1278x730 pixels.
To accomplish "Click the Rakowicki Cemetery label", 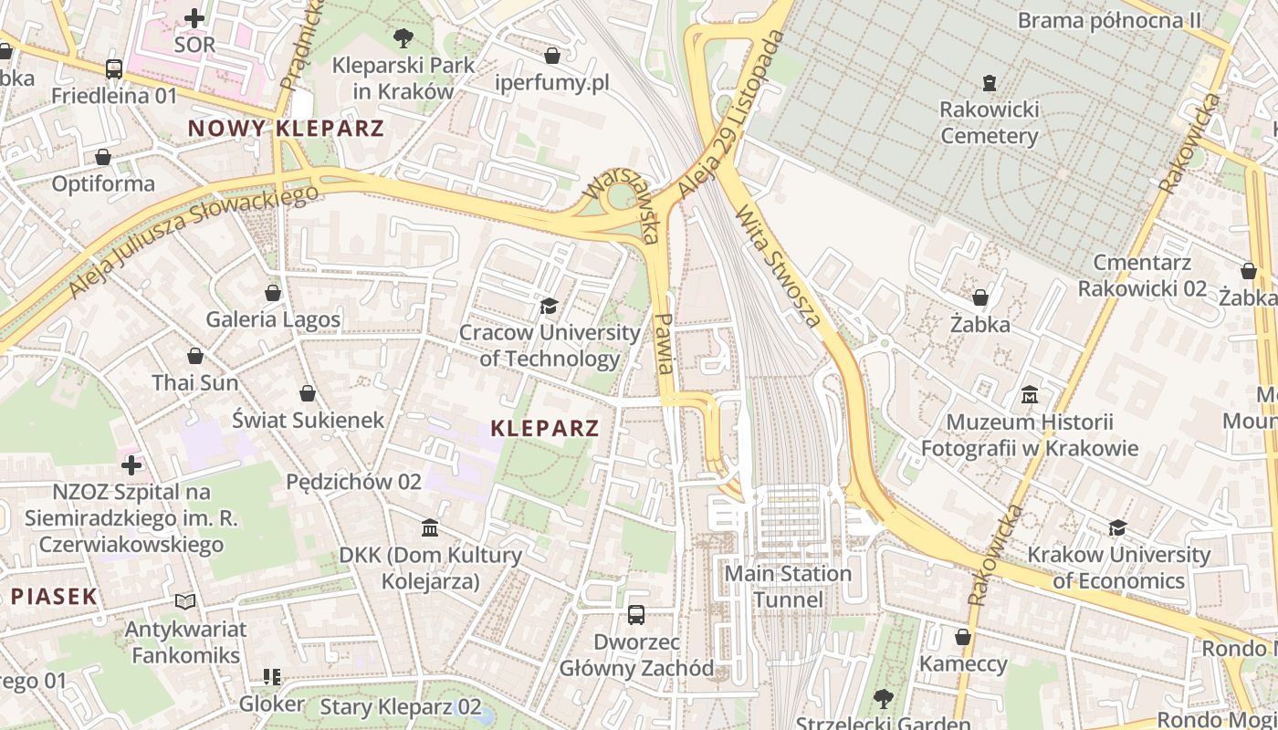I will pyautogui.click(x=989, y=123).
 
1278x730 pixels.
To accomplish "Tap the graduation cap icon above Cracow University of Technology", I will pyautogui.click(x=549, y=305).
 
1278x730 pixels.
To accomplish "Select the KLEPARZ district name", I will pyautogui.click(x=544, y=428).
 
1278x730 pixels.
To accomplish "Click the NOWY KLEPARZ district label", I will pyautogui.click(x=286, y=129).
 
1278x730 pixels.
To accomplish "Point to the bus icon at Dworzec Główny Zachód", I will pyautogui.click(x=636, y=615).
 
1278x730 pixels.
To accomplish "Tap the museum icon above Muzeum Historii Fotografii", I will pyautogui.click(x=1030, y=395).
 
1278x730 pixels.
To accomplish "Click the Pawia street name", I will pyautogui.click(x=665, y=343).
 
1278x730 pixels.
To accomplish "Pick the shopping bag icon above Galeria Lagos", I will pyautogui.click(x=272, y=293).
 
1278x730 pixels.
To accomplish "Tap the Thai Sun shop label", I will pyautogui.click(x=195, y=382).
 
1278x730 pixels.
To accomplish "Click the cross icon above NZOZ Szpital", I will pyautogui.click(x=131, y=465).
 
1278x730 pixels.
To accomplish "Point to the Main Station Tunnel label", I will pyautogui.click(x=788, y=587).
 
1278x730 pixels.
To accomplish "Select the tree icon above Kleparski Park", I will pyautogui.click(x=403, y=38).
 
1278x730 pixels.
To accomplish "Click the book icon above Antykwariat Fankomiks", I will pyautogui.click(x=185, y=601).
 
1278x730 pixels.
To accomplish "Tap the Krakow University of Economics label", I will pyautogui.click(x=1118, y=568).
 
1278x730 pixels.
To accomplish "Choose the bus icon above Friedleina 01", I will pyautogui.click(x=114, y=68).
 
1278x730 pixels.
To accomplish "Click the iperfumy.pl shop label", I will pyautogui.click(x=551, y=83).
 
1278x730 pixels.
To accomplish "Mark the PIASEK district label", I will pyautogui.click(x=54, y=597).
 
